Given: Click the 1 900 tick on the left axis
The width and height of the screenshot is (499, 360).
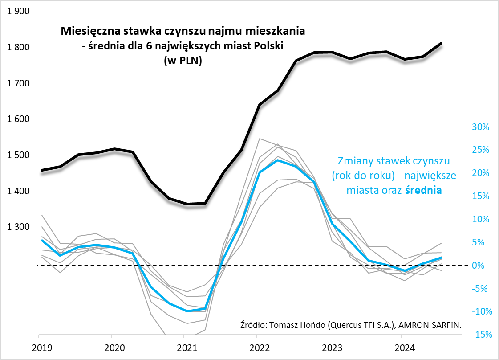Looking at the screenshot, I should click(x=18, y=12).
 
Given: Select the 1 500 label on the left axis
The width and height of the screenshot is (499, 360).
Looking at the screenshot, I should click(x=18, y=155).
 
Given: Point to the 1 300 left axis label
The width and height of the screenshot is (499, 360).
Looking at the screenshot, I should click(x=18, y=227).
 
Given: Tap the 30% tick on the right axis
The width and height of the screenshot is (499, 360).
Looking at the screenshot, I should click(x=480, y=127).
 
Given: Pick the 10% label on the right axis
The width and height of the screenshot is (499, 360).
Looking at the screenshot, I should click(x=480, y=219).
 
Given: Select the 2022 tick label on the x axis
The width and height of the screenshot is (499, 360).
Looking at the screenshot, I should click(x=257, y=347).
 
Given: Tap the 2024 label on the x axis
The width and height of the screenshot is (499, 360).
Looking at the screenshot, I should click(x=402, y=347).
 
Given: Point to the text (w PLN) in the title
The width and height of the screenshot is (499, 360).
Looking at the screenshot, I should click(x=183, y=61).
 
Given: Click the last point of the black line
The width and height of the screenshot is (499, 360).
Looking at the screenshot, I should click(x=441, y=43).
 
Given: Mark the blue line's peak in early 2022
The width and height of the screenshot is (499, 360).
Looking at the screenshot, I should click(x=278, y=160).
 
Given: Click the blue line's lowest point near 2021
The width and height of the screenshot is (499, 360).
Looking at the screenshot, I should click(x=187, y=311).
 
